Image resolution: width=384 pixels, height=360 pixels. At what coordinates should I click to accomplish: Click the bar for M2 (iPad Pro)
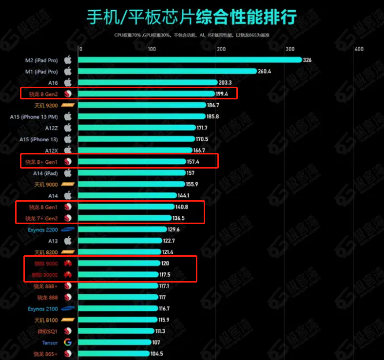click(x=190, y=60)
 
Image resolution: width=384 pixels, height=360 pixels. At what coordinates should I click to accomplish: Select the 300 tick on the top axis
click(x=290, y=49)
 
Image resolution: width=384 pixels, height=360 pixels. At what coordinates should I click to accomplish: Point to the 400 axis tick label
click(x=359, y=49)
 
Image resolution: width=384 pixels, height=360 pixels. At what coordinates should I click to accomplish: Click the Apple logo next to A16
click(x=68, y=82)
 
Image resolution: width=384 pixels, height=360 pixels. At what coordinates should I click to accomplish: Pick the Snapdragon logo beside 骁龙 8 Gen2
click(x=68, y=94)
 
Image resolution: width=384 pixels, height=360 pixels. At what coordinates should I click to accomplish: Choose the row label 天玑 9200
click(x=46, y=105)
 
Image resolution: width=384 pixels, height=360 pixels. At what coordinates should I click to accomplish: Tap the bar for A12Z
click(x=136, y=128)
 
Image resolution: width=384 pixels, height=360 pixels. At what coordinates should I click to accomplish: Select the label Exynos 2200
click(x=42, y=229)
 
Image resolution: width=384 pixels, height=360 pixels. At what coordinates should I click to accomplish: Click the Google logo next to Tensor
click(x=68, y=342)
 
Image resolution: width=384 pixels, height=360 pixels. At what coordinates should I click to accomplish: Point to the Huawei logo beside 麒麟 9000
click(x=68, y=264)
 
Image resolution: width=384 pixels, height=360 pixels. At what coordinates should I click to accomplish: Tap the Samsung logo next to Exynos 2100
click(x=68, y=308)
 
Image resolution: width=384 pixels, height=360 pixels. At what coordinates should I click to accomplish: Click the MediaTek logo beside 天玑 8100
click(x=68, y=320)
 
